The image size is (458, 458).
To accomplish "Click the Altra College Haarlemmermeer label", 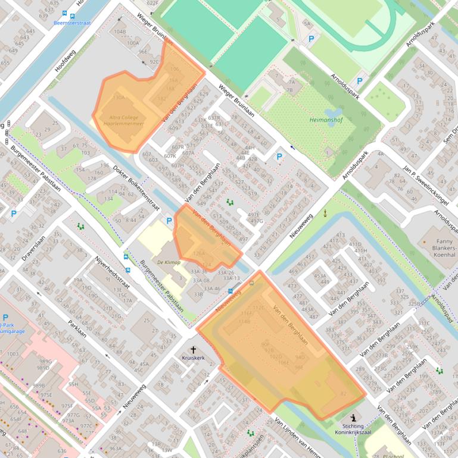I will coord(124,121).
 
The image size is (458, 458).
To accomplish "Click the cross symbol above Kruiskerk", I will coord(193,350).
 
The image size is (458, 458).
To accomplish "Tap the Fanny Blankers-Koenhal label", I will coord(439,250).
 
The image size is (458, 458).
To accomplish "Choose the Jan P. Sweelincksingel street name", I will coord(425,184).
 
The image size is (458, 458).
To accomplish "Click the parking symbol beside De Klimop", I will coord(169,221).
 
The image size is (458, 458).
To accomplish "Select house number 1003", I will coord(12,354).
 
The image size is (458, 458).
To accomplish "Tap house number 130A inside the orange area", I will coord(118,97).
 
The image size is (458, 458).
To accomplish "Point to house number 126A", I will coord(198,253).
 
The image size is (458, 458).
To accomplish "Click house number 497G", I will coord(257,221).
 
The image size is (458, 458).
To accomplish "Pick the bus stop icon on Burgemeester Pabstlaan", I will coord(126,257).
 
